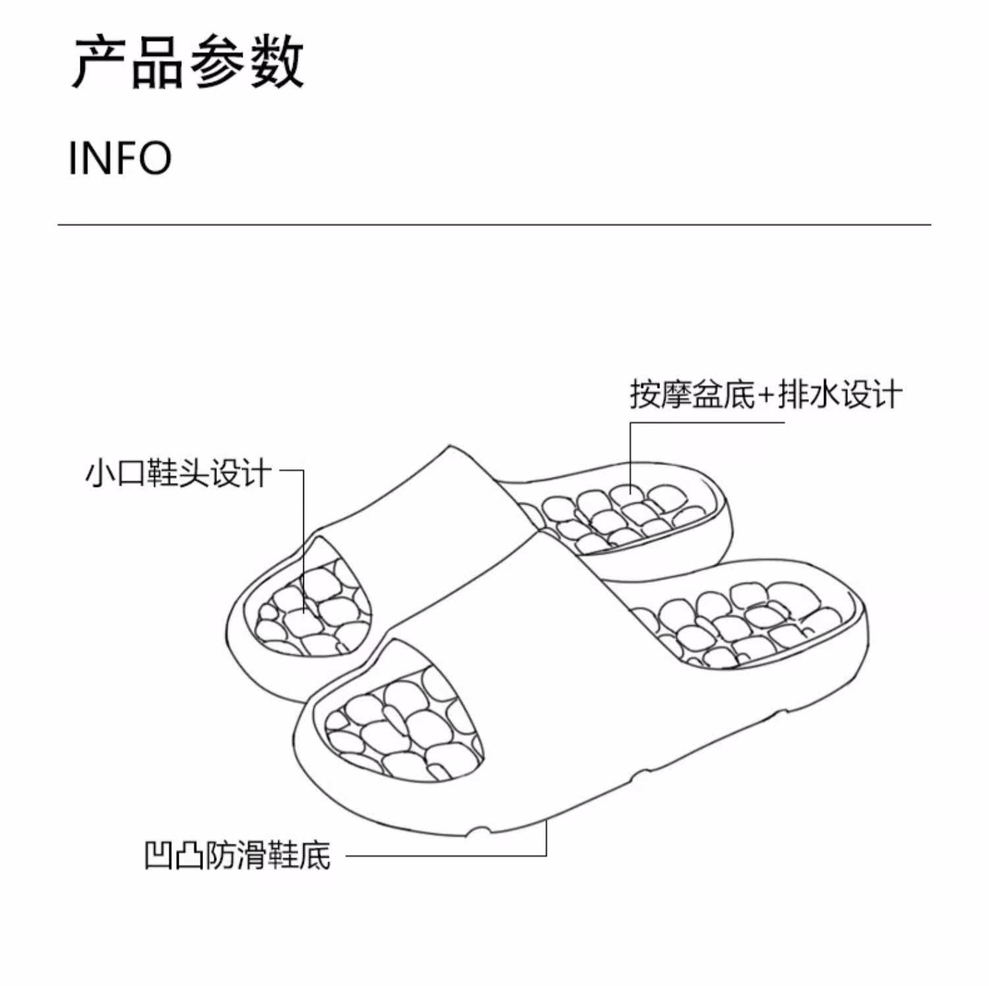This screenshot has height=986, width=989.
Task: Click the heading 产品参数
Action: coord(188,63)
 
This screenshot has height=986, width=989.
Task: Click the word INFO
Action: coord(120,158)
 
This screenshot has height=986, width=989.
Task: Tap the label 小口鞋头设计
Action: coord(178,473)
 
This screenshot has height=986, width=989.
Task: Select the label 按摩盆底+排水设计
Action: coord(765,394)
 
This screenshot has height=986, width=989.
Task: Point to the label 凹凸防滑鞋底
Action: coord(237,855)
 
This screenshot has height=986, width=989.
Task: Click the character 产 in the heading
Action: coord(99,63)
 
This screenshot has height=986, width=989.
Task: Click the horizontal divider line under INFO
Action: coord(494,225)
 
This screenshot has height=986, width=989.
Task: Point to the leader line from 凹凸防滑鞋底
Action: coord(448,856)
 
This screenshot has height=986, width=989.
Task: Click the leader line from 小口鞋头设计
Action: coord(304,528)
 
